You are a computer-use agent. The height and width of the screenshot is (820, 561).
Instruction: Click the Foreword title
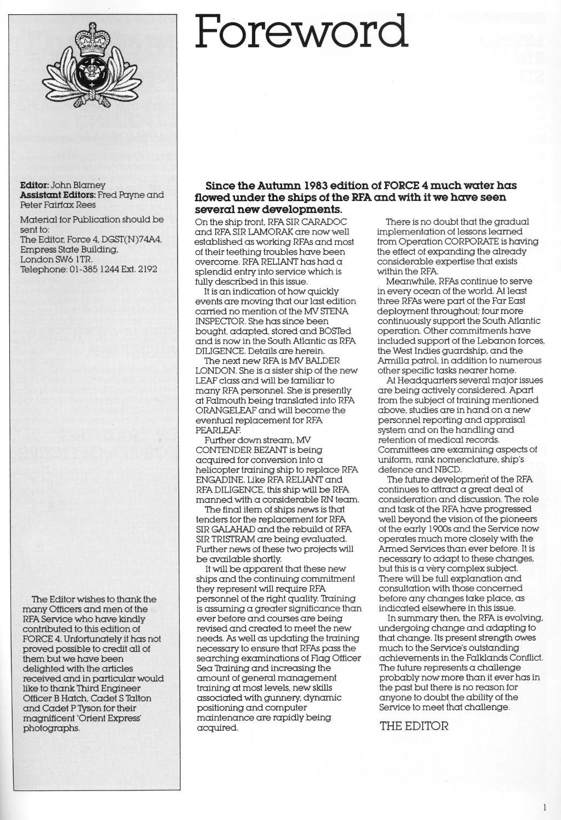(301, 32)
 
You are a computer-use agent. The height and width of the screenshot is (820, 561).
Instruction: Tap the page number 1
(545, 806)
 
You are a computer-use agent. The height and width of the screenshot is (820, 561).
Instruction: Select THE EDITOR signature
(414, 726)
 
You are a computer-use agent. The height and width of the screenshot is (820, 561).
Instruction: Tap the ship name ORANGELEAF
(228, 410)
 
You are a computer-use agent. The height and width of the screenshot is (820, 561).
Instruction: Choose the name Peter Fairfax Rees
(58, 205)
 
